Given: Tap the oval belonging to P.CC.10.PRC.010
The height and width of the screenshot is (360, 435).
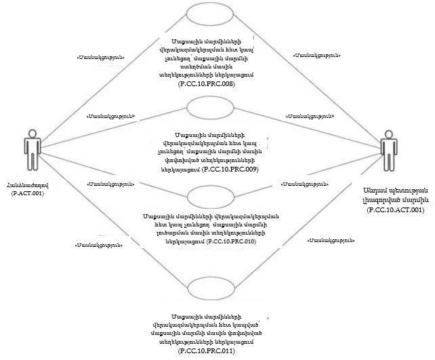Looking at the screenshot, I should coord(210,196).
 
